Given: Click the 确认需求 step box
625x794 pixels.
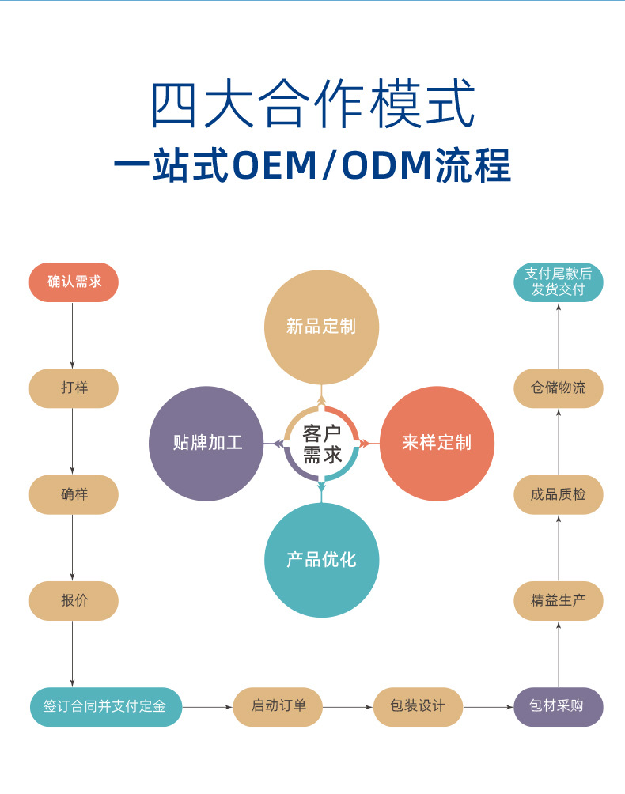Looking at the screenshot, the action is pos(74,282).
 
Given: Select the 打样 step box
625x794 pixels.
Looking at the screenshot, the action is pos(74,388).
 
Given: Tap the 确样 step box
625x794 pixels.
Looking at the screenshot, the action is pos(74,495).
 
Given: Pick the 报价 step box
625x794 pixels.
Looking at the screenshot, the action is pos(74,601).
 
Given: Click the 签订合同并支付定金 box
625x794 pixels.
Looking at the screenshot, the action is pos(106,707).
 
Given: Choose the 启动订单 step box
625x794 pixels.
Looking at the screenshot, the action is pos(278,707).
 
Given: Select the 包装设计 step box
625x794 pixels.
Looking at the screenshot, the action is pos(418,707).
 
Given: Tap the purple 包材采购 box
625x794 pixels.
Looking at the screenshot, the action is pos(559,707).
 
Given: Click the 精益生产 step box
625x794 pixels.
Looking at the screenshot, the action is pos(559,601).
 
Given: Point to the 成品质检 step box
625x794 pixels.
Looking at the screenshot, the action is pos(559,495).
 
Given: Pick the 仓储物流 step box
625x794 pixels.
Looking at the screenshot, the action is pos(559,388).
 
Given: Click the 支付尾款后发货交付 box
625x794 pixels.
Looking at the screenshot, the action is pos(559,282).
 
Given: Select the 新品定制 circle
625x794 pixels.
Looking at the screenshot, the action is pos(321,327).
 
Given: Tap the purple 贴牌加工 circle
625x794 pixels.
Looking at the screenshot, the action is pos(206,443).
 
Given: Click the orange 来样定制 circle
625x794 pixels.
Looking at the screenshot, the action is pos(437,443).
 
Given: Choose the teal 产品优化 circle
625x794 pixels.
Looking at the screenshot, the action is pos(321,560).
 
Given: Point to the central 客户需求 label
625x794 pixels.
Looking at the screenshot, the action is pos(321,444).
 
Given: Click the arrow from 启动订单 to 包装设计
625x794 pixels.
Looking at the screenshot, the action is pos(348,707).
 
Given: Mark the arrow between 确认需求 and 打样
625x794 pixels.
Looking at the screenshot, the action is pos(73,335).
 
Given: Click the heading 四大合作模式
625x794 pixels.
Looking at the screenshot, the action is pos(312,104).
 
